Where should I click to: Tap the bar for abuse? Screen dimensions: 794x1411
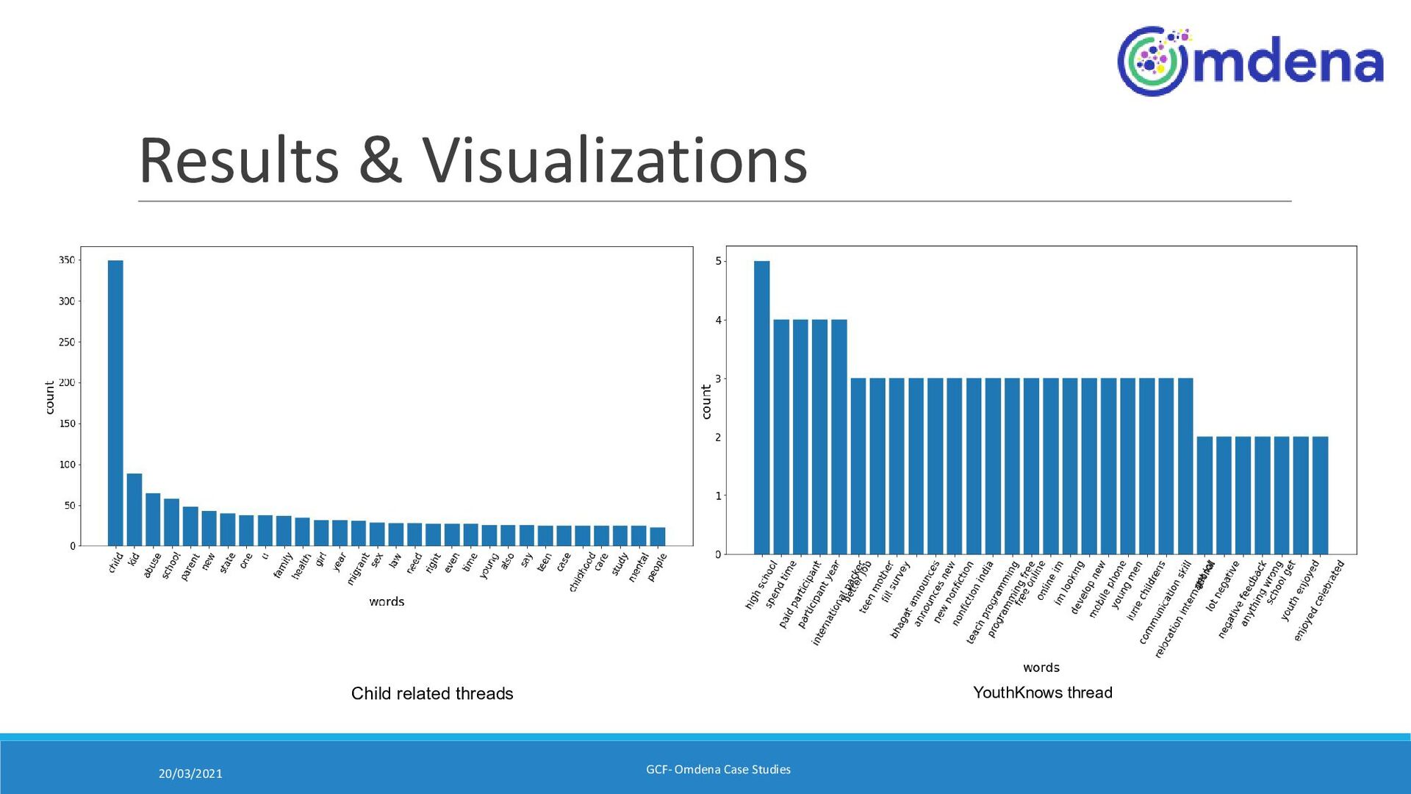(x=153, y=519)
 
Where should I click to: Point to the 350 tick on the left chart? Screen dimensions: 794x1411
(x=67, y=260)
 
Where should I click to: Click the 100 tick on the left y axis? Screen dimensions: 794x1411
(x=67, y=465)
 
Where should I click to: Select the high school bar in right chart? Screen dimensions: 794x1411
(x=761, y=407)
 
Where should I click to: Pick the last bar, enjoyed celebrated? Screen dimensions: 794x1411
(x=1320, y=496)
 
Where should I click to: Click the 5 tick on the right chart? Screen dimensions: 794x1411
(x=718, y=261)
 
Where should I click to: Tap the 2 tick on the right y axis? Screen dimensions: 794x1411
(x=718, y=437)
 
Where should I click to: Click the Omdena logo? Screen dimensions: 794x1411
(x=1250, y=62)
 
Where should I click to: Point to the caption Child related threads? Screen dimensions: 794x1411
(x=432, y=693)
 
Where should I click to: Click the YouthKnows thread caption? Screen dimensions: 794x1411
(x=1042, y=693)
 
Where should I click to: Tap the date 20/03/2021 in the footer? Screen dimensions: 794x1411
(x=190, y=773)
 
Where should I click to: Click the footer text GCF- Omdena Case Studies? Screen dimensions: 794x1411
(x=718, y=770)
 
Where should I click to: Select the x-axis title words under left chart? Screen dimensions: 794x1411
(x=387, y=601)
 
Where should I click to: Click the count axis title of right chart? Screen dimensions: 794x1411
(x=706, y=401)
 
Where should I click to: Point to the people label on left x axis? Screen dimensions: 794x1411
(x=657, y=567)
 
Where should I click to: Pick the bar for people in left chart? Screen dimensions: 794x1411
(x=657, y=537)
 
